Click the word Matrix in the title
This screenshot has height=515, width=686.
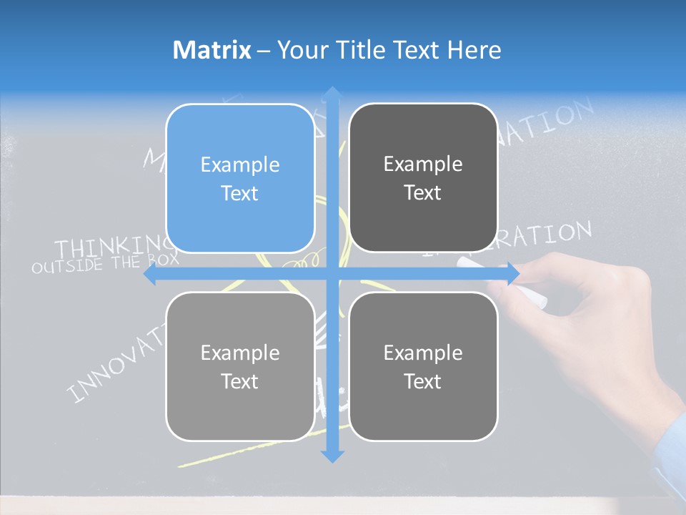click(212, 50)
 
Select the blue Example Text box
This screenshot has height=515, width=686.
click(240, 179)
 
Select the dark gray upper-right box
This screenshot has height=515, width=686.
click(423, 178)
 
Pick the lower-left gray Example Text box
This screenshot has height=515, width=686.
click(240, 366)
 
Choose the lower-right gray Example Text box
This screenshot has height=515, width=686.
click(423, 366)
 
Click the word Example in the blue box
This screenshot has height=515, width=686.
click(240, 165)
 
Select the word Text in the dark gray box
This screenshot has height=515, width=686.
click(423, 192)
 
